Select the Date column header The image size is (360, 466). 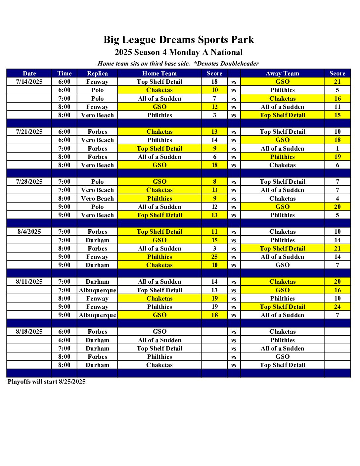point(29,73)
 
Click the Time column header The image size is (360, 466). point(64,73)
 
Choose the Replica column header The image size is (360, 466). point(97,73)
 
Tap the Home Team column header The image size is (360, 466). point(159,73)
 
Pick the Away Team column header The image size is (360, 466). point(282,73)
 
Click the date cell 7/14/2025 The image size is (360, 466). point(29,82)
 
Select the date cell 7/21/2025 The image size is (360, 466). point(29,132)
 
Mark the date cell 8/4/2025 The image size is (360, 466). point(29,232)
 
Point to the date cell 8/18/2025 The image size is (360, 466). point(29,332)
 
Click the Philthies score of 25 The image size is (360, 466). point(214,257)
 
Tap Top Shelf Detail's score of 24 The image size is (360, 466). point(337,307)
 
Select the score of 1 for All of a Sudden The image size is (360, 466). point(337,149)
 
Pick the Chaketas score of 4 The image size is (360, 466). point(337,199)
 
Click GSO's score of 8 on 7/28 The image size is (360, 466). point(214,182)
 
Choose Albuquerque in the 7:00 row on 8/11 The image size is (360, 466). point(97,290)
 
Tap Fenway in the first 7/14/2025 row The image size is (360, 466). point(97,82)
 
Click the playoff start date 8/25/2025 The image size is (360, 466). point(72,382)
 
